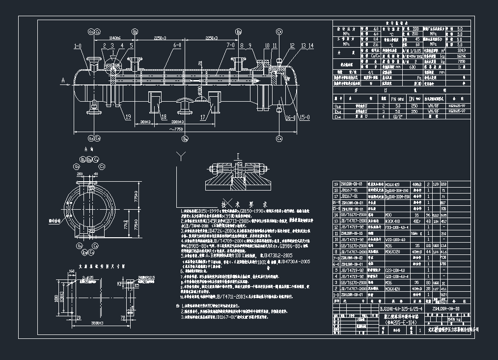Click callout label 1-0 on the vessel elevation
tap(78, 47)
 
